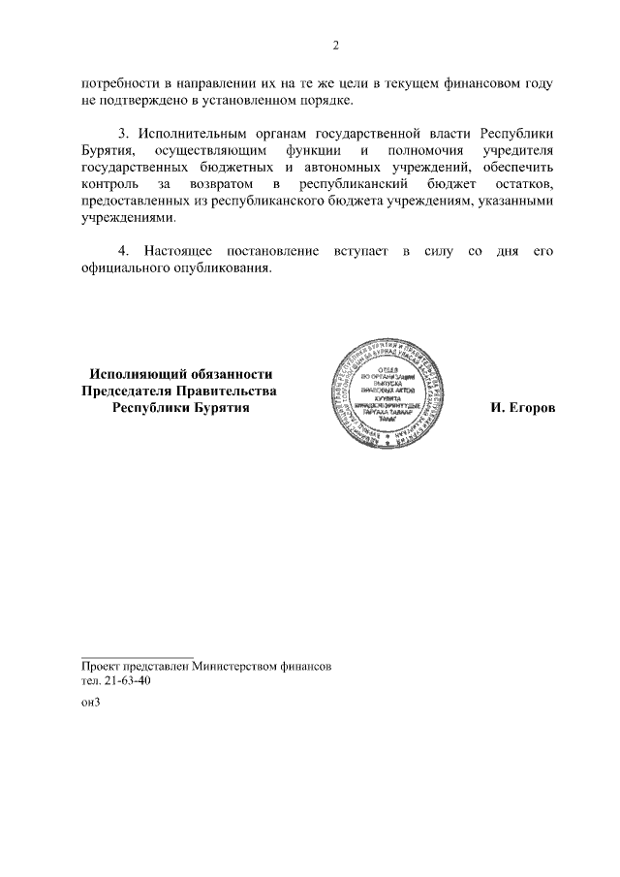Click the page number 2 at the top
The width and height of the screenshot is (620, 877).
coord(336,46)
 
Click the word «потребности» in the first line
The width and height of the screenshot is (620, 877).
coord(118,84)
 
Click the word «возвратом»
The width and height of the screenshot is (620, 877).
coord(224,184)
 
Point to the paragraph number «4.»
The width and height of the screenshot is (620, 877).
coord(123,252)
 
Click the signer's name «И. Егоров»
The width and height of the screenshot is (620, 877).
coord(523,409)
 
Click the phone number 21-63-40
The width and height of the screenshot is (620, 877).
coord(127,681)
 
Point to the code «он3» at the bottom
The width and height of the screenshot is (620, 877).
coord(90,705)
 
